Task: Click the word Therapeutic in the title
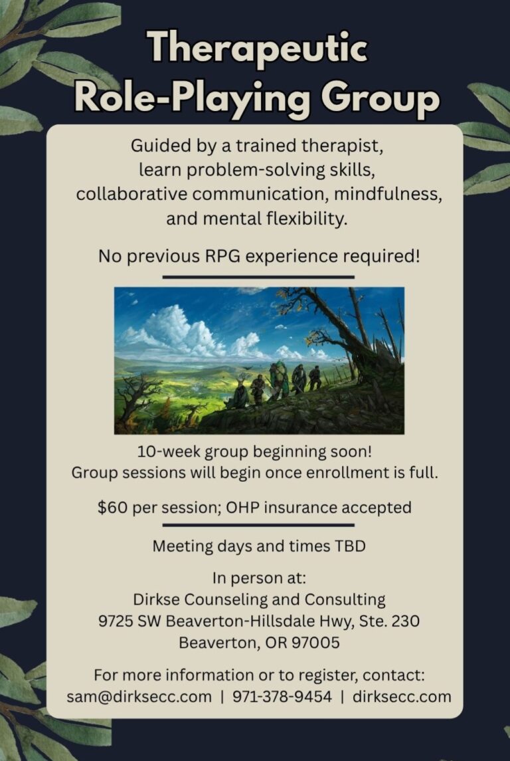(x=258, y=48)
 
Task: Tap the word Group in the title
(x=380, y=100)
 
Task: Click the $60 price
(x=112, y=508)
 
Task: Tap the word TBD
(x=349, y=546)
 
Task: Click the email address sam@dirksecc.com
(x=139, y=697)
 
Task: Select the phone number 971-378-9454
(x=282, y=697)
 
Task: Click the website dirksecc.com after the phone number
(x=402, y=697)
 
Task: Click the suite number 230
(x=404, y=621)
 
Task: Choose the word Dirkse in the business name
(x=157, y=600)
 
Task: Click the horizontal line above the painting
(x=258, y=277)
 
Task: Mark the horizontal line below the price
(x=258, y=524)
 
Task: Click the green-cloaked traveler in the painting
(x=279, y=380)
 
